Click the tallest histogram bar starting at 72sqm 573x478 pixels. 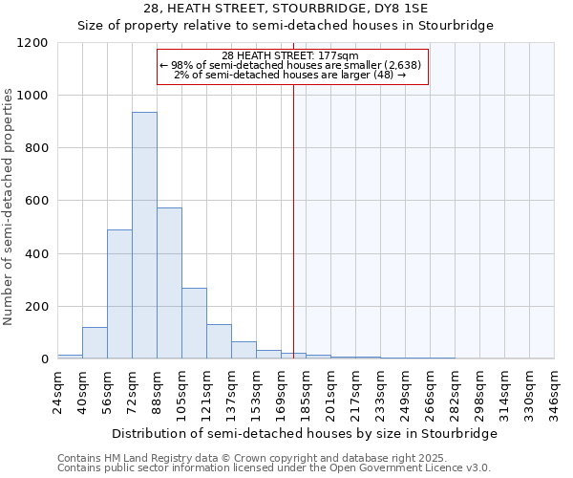pyautogui.click(x=144, y=235)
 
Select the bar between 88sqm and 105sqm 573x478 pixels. pyautogui.click(x=169, y=283)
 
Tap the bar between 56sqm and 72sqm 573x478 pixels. pyautogui.click(x=119, y=294)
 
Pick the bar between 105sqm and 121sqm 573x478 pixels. pyautogui.click(x=194, y=323)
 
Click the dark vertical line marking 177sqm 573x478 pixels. pyautogui.click(x=293, y=220)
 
